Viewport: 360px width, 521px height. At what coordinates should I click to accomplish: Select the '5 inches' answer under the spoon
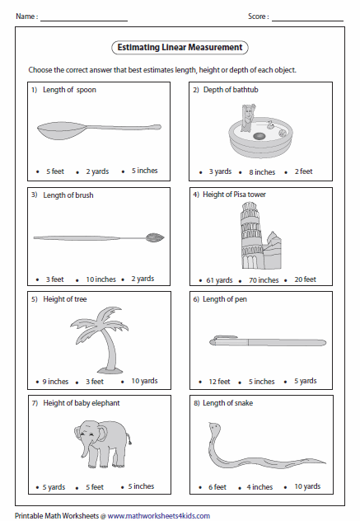tap(144, 171)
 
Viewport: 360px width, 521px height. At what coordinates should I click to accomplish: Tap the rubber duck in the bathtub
tap(271, 124)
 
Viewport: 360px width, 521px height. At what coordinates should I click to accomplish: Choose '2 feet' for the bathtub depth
tap(303, 171)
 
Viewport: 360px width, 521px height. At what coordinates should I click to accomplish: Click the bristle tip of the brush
tap(155, 237)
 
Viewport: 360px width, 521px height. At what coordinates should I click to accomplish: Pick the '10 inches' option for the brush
tap(101, 279)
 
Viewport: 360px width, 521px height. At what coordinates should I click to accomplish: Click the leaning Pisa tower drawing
tap(253, 235)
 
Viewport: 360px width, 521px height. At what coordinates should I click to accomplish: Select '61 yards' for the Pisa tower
tap(219, 280)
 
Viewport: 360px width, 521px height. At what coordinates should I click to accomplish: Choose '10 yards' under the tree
tap(144, 381)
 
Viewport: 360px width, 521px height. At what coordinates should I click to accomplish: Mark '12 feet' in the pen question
tap(219, 382)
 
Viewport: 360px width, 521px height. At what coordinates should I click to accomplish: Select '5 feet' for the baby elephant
tap(95, 487)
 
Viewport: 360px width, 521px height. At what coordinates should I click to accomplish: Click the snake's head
tap(214, 426)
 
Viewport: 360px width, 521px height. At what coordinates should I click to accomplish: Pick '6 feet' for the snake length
tap(217, 487)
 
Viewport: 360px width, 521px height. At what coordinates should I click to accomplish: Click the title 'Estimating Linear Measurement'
tap(180, 47)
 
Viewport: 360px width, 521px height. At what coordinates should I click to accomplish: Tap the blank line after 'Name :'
tap(84, 21)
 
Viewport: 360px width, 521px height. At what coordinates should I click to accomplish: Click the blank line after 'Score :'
tap(307, 21)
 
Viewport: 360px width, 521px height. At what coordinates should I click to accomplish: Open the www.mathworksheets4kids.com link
tap(159, 516)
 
